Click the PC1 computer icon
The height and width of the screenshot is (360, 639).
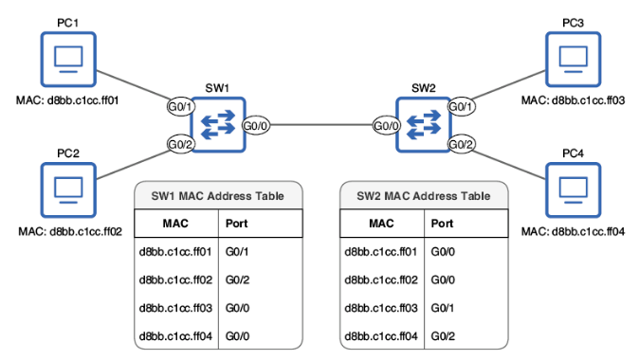tap(67, 60)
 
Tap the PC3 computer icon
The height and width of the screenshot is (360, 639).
tap(574, 60)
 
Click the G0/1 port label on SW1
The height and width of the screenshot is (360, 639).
tap(180, 106)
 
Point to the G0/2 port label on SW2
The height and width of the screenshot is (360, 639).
tap(461, 144)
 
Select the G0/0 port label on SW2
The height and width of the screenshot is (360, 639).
tap(385, 125)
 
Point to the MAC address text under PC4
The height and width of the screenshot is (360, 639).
tap(574, 231)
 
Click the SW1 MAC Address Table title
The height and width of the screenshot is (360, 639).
tap(217, 196)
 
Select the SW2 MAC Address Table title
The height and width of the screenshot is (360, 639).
tap(424, 196)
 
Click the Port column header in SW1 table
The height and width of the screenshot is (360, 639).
tap(238, 225)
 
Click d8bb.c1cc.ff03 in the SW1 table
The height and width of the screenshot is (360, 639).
tap(175, 308)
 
